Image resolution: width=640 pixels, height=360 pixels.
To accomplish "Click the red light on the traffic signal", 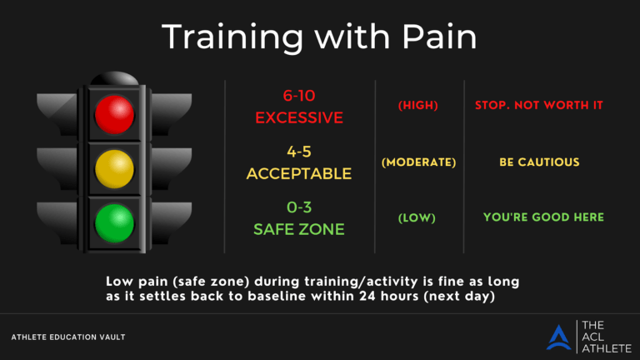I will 114,115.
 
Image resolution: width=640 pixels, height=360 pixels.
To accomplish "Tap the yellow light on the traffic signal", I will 114,169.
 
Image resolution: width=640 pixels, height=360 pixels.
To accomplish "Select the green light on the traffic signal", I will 114,222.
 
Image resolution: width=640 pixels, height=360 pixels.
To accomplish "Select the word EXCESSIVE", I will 299,117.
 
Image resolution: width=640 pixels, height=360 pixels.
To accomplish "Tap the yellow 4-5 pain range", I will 299,152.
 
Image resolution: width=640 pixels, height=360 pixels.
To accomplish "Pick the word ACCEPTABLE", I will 299,174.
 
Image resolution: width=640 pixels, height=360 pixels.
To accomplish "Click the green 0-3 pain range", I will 299,207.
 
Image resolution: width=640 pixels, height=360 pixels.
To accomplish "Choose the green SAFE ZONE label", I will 299,229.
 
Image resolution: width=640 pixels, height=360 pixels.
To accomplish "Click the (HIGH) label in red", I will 418,106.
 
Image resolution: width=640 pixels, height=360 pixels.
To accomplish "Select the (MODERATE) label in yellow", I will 418,162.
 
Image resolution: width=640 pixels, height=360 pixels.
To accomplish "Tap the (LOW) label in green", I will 418,218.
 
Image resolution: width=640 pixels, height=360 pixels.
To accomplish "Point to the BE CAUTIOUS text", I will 539,162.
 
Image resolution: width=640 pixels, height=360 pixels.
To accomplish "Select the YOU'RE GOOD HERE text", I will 543,218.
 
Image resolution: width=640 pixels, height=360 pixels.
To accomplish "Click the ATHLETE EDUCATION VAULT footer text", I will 67,337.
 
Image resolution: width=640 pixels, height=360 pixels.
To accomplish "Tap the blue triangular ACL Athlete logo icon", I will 558,337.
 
